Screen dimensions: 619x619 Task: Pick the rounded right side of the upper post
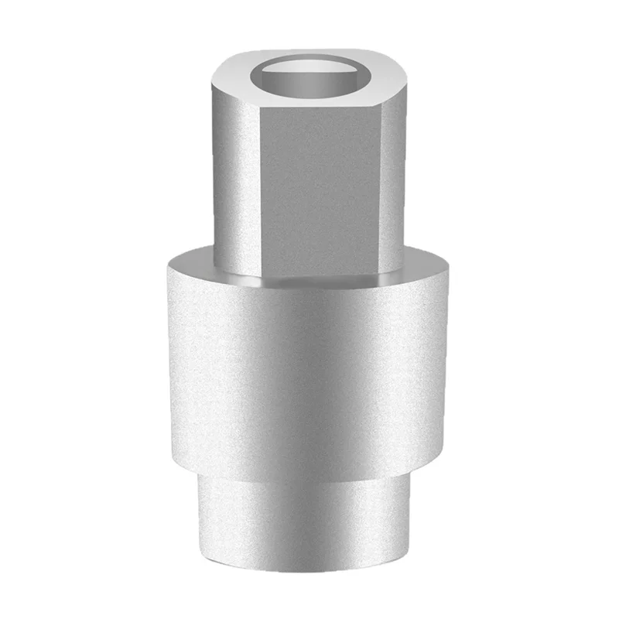(393, 178)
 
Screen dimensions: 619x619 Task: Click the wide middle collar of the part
(307, 364)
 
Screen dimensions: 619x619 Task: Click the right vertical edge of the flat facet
(381, 186)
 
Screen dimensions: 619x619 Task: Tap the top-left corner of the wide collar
(166, 267)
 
